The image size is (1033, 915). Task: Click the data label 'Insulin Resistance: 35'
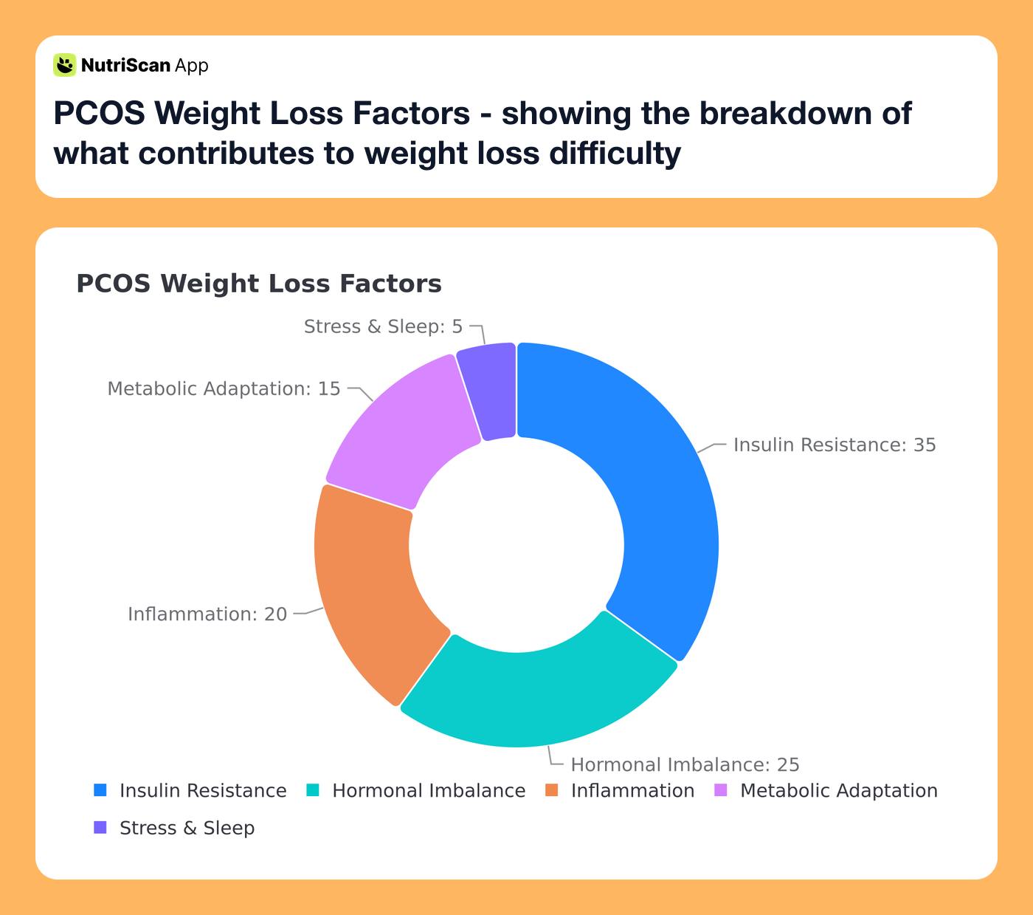834,445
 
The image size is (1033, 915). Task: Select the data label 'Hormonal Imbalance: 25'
685,764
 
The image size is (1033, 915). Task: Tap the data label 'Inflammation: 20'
207,614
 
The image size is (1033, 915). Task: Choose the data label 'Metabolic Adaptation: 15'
224,388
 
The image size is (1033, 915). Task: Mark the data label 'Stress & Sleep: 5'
383,326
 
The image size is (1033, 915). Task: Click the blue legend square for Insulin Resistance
100,790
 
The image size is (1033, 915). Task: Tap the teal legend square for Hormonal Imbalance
313,790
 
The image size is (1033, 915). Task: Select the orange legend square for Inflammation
552,790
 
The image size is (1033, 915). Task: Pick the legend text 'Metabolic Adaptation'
838,790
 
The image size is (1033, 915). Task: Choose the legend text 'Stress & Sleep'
187,828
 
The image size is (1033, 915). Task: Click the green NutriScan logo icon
65,65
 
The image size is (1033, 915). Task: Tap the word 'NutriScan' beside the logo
125,66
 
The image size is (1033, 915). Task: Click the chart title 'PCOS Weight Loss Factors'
259,284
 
